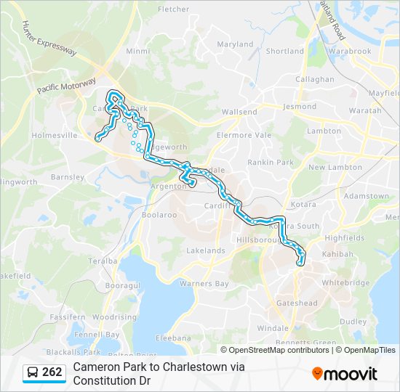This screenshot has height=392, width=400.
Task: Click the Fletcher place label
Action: pyautogui.click(x=173, y=9)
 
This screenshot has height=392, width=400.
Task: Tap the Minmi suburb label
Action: pyautogui.click(x=137, y=52)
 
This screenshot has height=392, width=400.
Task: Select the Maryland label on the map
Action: pyautogui.click(x=235, y=44)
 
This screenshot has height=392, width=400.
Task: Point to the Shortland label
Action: pyautogui.click(x=284, y=52)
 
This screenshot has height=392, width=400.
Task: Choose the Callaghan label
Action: pyautogui.click(x=314, y=79)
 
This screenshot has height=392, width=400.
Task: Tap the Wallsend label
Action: pyautogui.click(x=239, y=113)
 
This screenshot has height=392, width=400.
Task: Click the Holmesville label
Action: pyautogui.click(x=55, y=135)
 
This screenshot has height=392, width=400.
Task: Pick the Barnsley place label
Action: pyautogui.click(x=68, y=176)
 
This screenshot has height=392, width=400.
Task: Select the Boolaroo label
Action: pyautogui.click(x=159, y=215)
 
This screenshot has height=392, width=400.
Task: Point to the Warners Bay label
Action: pyautogui.click(x=204, y=283)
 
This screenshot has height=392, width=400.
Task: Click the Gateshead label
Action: pyautogui.click(x=296, y=303)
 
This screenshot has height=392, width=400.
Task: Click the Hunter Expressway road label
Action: pyautogui.click(x=49, y=38)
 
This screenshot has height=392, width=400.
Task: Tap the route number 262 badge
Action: pyautogui.click(x=52, y=372)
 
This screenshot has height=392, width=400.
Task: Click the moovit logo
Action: pyautogui.click(x=345, y=373)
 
